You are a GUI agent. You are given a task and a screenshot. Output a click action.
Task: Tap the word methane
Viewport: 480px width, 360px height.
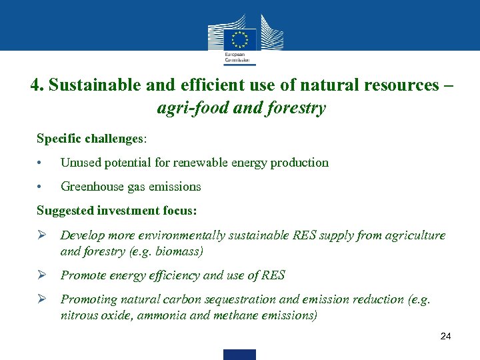click(237, 316)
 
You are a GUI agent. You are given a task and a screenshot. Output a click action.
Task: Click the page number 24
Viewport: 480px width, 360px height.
click(446, 336)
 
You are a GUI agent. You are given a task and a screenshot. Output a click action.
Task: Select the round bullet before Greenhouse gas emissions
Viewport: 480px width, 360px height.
click(41, 187)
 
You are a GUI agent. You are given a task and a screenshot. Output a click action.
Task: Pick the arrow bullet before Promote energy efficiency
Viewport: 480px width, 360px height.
click(41, 275)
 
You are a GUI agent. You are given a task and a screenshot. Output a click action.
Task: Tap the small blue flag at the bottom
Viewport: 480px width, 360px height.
click(239, 354)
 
